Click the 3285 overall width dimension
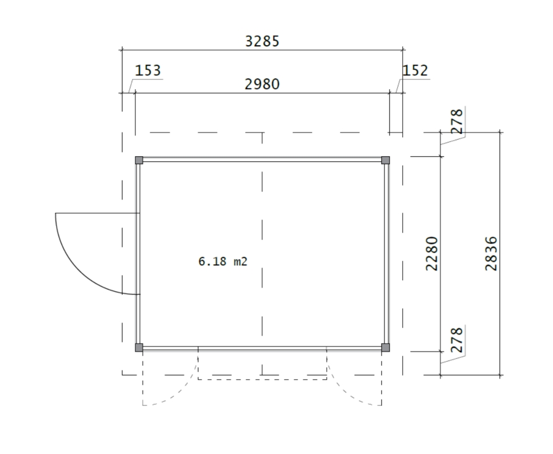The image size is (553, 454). click(x=262, y=41)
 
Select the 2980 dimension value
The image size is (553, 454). click(x=262, y=84)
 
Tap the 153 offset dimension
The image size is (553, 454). click(x=148, y=70)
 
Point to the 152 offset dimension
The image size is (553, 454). click(x=415, y=70)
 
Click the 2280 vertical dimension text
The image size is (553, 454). click(x=432, y=254)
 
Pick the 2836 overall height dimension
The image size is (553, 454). click(x=491, y=254)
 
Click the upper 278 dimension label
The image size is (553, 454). click(x=456, y=121)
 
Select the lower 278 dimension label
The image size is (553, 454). click(x=456, y=340)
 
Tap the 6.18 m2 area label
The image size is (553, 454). click(x=223, y=262)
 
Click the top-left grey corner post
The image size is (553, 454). click(x=139, y=160)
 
